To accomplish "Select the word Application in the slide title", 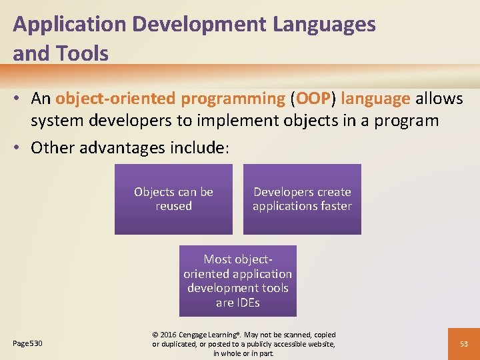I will point(70,25).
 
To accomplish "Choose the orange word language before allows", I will point(375,99).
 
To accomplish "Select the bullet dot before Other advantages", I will point(21,147).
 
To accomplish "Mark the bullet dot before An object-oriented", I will point(21,99).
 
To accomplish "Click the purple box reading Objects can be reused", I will point(173,199).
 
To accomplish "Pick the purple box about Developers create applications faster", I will point(302,199).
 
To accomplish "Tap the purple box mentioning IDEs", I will point(238,281).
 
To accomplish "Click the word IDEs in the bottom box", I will point(247,303).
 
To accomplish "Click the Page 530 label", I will point(27,343).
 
